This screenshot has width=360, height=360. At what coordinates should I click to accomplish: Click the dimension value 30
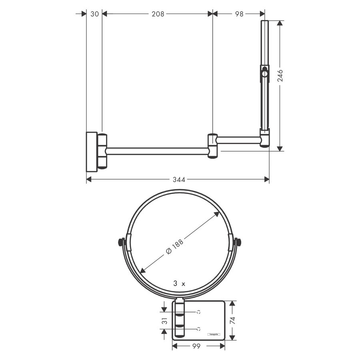(x=94, y=14)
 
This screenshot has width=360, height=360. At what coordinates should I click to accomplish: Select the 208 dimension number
(x=158, y=14)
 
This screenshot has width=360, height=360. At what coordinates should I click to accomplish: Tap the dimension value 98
(x=239, y=14)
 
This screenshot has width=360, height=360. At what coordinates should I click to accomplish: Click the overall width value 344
(x=179, y=180)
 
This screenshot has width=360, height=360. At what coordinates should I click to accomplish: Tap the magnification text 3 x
(x=179, y=283)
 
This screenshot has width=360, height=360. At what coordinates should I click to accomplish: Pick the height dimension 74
(x=233, y=320)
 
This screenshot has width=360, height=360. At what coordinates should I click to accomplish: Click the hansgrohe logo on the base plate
(x=213, y=334)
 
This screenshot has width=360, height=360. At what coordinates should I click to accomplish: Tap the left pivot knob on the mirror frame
(x=120, y=242)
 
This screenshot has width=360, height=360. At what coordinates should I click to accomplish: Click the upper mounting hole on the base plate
(x=198, y=311)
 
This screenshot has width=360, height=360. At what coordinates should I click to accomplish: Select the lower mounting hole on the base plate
(x=198, y=329)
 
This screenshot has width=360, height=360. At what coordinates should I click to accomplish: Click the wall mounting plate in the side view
(x=92, y=151)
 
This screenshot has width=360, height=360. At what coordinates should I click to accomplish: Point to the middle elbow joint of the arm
(x=212, y=146)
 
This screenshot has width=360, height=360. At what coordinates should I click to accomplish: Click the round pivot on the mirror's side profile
(x=264, y=73)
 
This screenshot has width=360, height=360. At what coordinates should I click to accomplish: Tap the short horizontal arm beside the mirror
(x=238, y=140)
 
